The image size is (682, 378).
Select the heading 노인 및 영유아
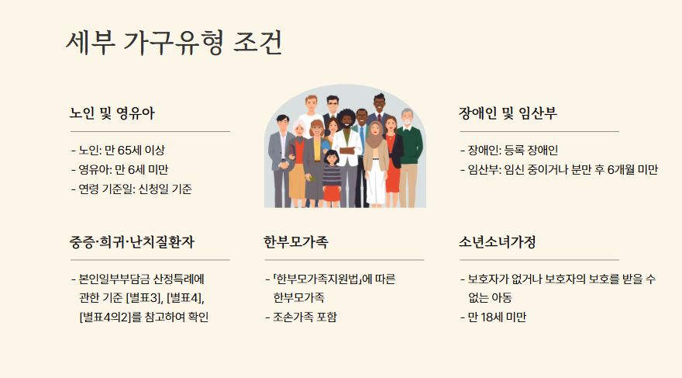click(112, 113)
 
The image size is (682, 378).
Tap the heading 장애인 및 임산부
click(508, 113)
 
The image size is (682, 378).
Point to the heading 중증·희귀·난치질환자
click(132, 241)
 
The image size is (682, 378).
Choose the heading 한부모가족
click(296, 241)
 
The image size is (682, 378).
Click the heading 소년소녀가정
click(497, 241)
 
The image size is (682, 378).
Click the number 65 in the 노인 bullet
click(127, 150)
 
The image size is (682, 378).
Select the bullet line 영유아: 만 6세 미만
click(123, 169)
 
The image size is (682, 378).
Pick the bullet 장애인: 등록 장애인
click(511, 150)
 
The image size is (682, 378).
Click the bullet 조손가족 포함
click(305, 317)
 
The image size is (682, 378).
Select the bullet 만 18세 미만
click(497, 317)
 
